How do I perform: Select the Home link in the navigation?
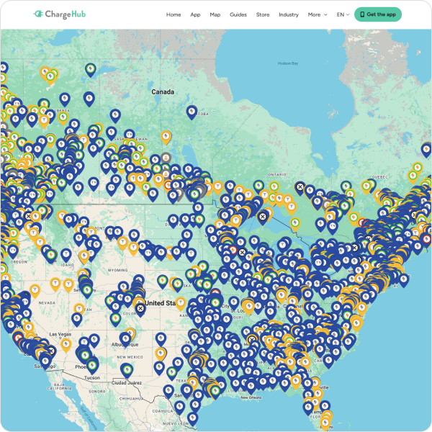coord(174,14)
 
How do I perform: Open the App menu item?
coord(195,14)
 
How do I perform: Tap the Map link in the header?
coord(215,14)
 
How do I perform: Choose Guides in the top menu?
coord(238,14)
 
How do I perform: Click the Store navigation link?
coord(263,14)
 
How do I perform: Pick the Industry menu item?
coord(289,14)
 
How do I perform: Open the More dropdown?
coord(317,14)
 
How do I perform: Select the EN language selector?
coord(343,14)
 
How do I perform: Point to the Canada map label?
coord(163,92)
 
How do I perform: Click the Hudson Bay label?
coord(288,63)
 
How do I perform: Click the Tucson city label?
coord(92,377)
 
